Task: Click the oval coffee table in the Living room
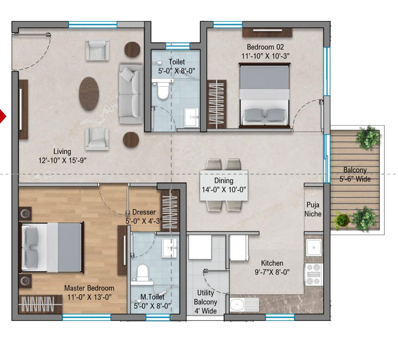pos(89,94)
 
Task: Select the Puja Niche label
pos(313,209)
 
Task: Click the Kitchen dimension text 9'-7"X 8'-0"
pos(272,272)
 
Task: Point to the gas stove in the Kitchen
pos(314,275)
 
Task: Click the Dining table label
pos(224,181)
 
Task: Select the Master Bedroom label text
pos(89,288)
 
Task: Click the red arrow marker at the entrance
pos(2,116)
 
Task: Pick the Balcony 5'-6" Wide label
pos(355,175)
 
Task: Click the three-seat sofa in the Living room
pos(131,94)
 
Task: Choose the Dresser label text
pos(144,212)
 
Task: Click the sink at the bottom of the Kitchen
pos(245,305)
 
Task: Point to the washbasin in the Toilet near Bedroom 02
pos(192,117)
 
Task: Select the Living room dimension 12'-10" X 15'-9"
pos(62,161)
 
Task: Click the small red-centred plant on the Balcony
pos(342,220)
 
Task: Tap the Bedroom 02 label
pos(265,47)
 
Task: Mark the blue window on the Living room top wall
pos(93,24)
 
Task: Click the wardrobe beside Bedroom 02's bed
pos(216,105)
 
